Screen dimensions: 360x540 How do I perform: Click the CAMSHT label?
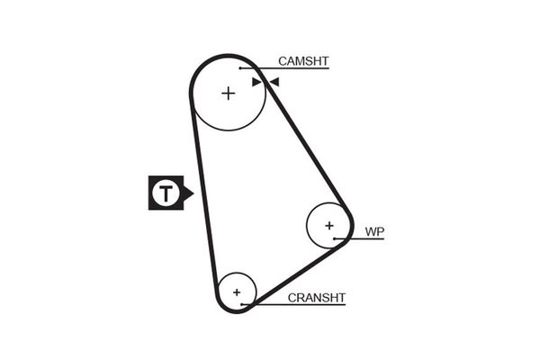pos(303,61)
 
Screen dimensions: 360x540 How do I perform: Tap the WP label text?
pos(374,232)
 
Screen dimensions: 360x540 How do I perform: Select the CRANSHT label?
pos(317,297)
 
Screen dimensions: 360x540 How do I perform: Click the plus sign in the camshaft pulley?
pos(228,93)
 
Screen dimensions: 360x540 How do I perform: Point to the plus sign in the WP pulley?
pos(329,225)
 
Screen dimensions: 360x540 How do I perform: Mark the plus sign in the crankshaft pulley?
pos(237,292)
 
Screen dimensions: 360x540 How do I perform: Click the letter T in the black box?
pos(165,193)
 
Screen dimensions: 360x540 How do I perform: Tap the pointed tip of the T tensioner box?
pos(192,193)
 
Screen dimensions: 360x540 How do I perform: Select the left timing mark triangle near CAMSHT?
pos(257,82)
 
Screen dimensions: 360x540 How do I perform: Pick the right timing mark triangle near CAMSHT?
pos(274,82)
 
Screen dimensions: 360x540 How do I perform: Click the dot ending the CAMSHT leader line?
pos(240,67)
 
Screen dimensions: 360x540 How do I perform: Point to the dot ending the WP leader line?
pos(334,238)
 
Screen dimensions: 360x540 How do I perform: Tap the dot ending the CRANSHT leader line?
pos(242,304)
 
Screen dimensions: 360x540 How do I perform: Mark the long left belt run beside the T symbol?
pos(203,193)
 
